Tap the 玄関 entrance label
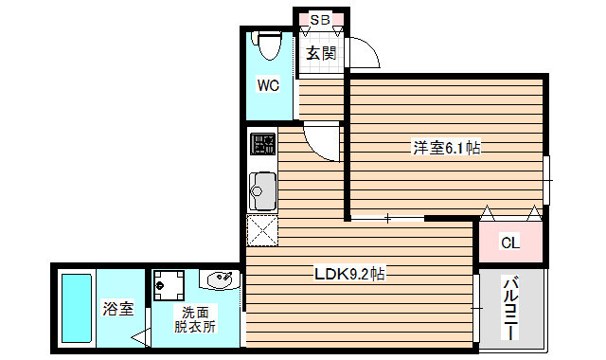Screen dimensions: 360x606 (x=320, y=52)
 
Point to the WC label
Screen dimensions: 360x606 (x=268, y=86)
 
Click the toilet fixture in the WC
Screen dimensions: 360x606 (x=267, y=45)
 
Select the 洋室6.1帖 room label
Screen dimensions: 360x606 (x=445, y=148)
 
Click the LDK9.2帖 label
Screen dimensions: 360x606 (x=349, y=275)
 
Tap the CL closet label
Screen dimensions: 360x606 (x=509, y=243)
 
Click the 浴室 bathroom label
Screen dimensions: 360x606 (x=118, y=309)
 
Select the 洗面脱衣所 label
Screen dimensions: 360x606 (x=195, y=319)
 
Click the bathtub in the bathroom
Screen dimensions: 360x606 (x=76, y=308)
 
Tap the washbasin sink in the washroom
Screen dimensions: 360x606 (x=221, y=280)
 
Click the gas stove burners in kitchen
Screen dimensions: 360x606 (x=262, y=145)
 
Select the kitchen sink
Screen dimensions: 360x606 (x=261, y=191)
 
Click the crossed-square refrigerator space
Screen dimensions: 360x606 (x=261, y=231)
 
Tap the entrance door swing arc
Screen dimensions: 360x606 (x=365, y=55)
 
